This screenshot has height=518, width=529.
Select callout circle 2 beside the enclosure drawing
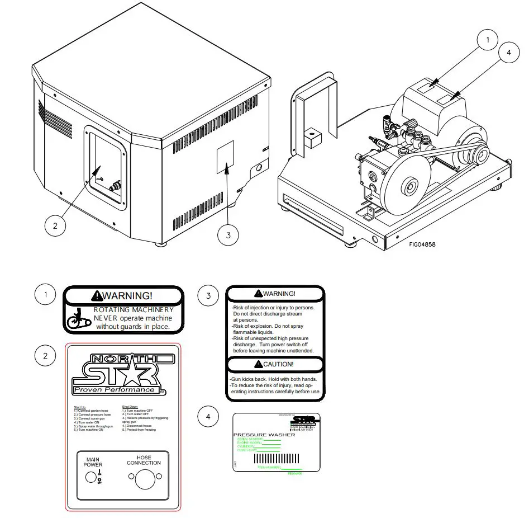pos(55,226)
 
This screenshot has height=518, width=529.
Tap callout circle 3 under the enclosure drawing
pos(228,235)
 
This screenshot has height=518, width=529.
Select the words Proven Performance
pos(115,389)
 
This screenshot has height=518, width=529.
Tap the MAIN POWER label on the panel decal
pos(93,462)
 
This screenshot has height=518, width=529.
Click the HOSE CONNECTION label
pos(144,460)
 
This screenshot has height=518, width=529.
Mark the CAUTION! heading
pos(274,364)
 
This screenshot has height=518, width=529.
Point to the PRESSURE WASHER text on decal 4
pos(256,434)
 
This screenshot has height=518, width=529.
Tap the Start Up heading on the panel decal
pos(80,407)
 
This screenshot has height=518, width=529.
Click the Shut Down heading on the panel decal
pos(129,407)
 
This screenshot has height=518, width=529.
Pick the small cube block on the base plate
pos(311,137)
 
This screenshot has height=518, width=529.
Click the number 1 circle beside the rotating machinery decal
pos(45,295)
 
